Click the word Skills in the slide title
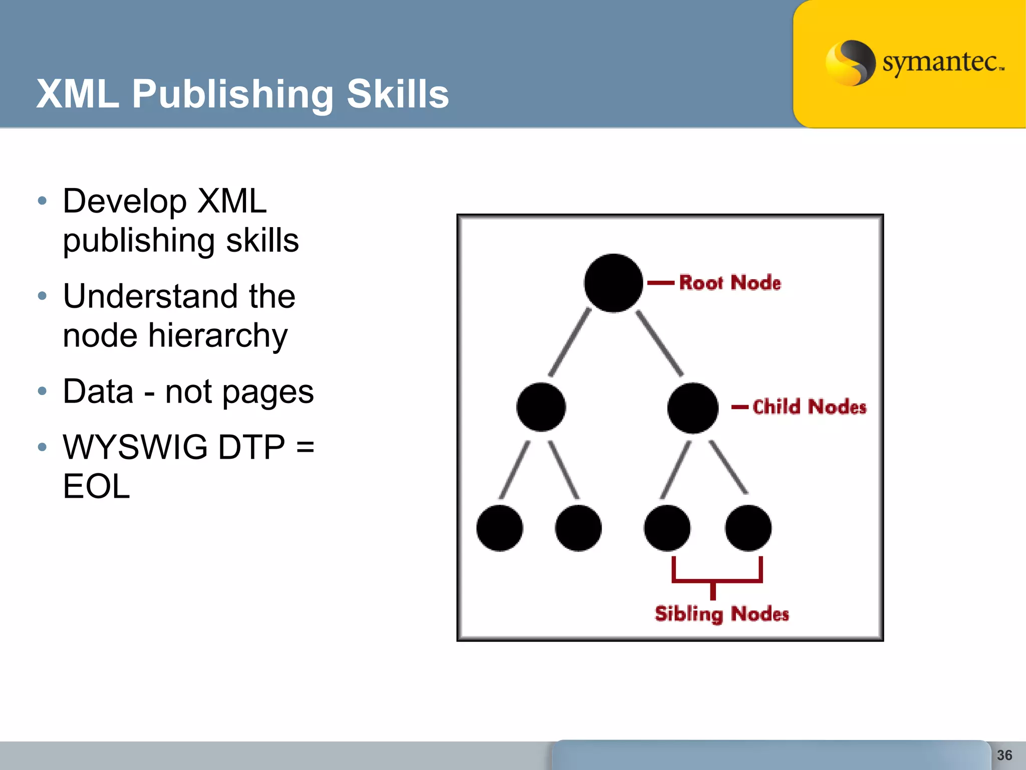pyautogui.click(x=398, y=94)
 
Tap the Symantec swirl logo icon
pyautogui.click(x=850, y=63)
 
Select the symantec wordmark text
pyautogui.click(x=942, y=63)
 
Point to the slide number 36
pyautogui.click(x=1004, y=755)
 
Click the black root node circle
pyautogui.click(x=613, y=283)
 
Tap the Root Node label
pyautogui.click(x=730, y=283)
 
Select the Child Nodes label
pyautogui.click(x=809, y=407)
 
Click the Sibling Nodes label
pyautogui.click(x=721, y=614)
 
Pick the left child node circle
pyautogui.click(x=541, y=407)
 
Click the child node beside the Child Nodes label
pyautogui.click(x=693, y=408)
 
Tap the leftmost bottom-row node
pyautogui.click(x=499, y=528)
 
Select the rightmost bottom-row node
pyautogui.click(x=748, y=528)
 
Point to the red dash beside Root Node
pyautogui.click(x=661, y=283)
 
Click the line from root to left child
pyautogui.click(x=570, y=342)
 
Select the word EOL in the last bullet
pyautogui.click(x=96, y=486)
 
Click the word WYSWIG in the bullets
pyautogui.click(x=135, y=447)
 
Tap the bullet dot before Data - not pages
pyautogui.click(x=42, y=391)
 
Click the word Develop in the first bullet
pyautogui.click(x=125, y=201)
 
